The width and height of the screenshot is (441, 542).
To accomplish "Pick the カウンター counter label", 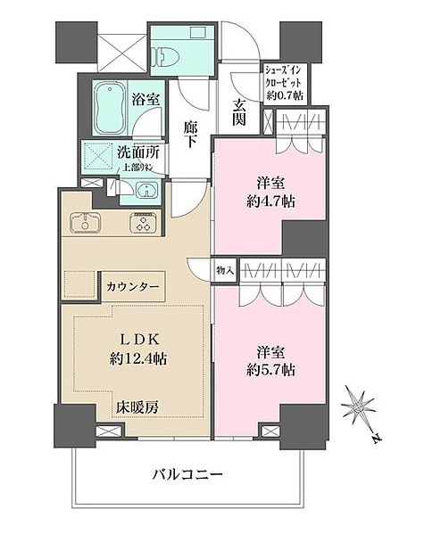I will [134, 287].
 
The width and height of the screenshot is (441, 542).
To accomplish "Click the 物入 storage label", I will [224, 268].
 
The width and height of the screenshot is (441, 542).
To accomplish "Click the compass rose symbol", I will [362, 406].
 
